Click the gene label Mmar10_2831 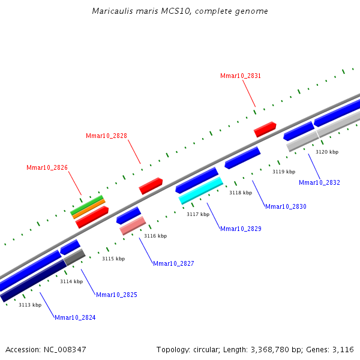coord(241,76)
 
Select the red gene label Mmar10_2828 coord(106,136)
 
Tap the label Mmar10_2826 coord(47,167)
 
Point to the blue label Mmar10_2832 coord(319,182)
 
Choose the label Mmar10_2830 coord(286,206)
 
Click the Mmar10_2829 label coord(241,229)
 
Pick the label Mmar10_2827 coord(173,263)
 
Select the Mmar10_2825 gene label coord(116,295)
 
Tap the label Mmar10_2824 coord(75,317)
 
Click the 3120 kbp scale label coord(327,152)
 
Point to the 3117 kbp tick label coord(198,214)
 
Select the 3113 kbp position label coord(30,305)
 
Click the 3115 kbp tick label coord(113,259)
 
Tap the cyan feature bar coord(201,191)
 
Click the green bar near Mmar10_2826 coord(86,205)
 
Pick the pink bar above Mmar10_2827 coord(133,226)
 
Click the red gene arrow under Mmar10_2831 coord(265,130)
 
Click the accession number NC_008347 coord(65,350)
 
